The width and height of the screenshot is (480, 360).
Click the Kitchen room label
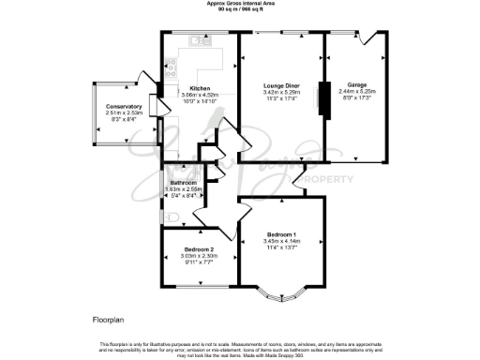pyautogui.click(x=200, y=88)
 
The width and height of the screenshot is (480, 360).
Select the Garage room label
pyautogui.click(x=357, y=83)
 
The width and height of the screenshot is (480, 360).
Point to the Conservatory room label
pyautogui.click(x=123, y=107)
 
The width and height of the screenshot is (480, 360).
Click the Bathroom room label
pyautogui.click(x=182, y=182)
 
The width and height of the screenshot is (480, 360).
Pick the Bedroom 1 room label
pyautogui.click(x=281, y=233)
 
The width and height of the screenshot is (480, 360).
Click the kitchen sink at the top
pyautogui.click(x=199, y=41)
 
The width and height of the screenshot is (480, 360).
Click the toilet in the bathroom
pyautogui.click(x=169, y=215)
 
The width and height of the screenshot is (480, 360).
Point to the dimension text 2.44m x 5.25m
pyautogui.click(x=357, y=90)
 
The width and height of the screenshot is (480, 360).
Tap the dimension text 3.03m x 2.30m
pyautogui.click(x=200, y=255)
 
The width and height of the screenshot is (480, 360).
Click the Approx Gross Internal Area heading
pyautogui.click(x=241, y=4)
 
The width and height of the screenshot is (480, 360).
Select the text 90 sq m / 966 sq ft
pyautogui.click(x=241, y=9)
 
